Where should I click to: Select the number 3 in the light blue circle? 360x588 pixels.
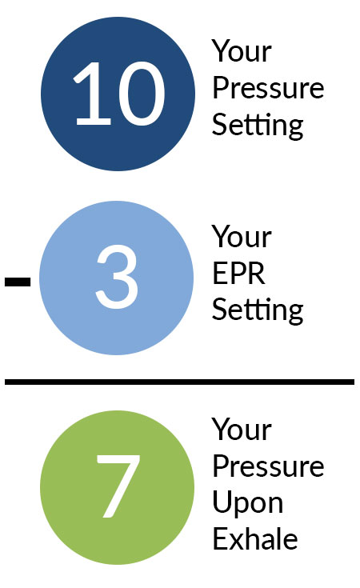tap(117, 276)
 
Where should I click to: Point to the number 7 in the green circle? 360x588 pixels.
tap(118, 486)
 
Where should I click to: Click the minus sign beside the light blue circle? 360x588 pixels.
tap(18, 282)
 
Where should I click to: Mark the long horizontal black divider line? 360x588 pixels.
tap(179, 382)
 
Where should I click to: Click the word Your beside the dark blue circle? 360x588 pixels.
tap(242, 51)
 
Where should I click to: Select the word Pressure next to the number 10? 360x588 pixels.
tap(268, 88)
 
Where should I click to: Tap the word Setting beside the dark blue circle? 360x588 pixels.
tap(258, 126)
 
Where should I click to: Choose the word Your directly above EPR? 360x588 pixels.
tap(242, 237)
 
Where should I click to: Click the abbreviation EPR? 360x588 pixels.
tap(239, 274)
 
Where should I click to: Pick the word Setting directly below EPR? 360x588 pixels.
tap(258, 310)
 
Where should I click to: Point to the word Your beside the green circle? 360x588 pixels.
tap(242, 429)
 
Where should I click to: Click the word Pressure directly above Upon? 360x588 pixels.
tap(268, 466)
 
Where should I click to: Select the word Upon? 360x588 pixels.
tap(247, 504)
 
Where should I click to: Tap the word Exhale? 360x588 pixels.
tap(255, 538)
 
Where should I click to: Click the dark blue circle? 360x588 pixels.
tap(118, 94)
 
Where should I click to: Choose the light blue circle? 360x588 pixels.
tap(116, 278)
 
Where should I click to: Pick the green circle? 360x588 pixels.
tap(118, 487)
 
